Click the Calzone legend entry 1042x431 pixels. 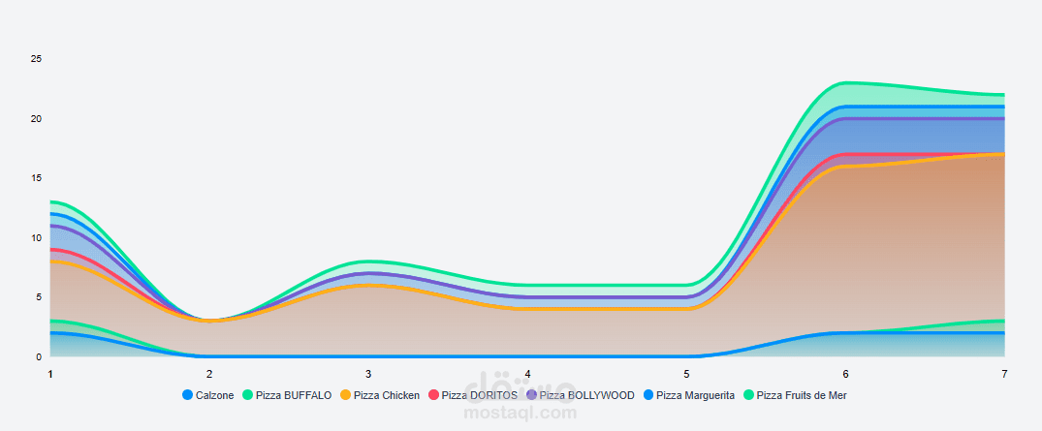pyautogui.click(x=207, y=395)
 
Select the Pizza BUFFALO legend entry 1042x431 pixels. pyautogui.click(x=287, y=395)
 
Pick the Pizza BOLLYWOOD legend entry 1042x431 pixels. pyautogui.click(x=580, y=395)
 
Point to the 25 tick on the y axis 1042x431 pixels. pyautogui.click(x=37, y=59)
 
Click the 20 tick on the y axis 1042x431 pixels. pyautogui.click(x=37, y=119)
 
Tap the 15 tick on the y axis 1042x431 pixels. pyautogui.click(x=37, y=178)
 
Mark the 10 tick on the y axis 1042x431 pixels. pyautogui.click(x=37, y=238)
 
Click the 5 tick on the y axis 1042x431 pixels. pyautogui.click(x=40, y=297)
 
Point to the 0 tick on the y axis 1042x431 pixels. pyautogui.click(x=40, y=356)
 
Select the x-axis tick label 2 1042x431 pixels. pyautogui.click(x=209, y=374)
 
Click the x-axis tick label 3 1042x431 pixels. pyautogui.click(x=368, y=374)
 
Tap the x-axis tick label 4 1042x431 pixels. pyautogui.click(x=527, y=374)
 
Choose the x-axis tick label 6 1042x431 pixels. pyautogui.click(x=845, y=374)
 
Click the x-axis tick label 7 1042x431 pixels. pyautogui.click(x=1004, y=374)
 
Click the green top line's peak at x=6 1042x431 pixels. pyautogui.click(x=846, y=83)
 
